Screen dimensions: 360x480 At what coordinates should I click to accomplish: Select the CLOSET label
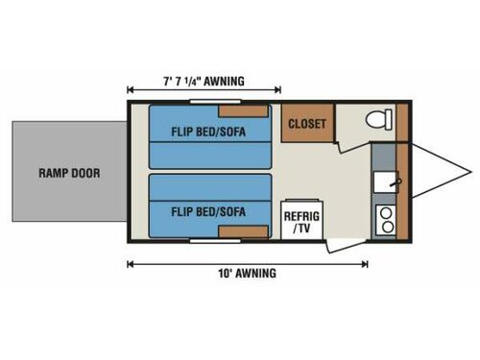pyautogui.click(x=305, y=124)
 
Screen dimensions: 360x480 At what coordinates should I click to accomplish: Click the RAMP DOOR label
pyautogui.click(x=69, y=174)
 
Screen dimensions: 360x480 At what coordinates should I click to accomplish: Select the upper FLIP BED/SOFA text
pyautogui.click(x=206, y=134)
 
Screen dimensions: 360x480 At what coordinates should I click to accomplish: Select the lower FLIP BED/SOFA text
pyautogui.click(x=206, y=210)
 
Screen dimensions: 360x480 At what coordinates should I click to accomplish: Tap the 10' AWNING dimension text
pyautogui.click(x=247, y=274)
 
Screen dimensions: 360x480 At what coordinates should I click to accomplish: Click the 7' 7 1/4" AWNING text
pyautogui.click(x=204, y=81)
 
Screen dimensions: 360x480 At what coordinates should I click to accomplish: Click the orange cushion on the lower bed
pyautogui.click(x=244, y=230)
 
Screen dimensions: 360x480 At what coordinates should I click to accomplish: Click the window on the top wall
pyautogui.click(x=215, y=100)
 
